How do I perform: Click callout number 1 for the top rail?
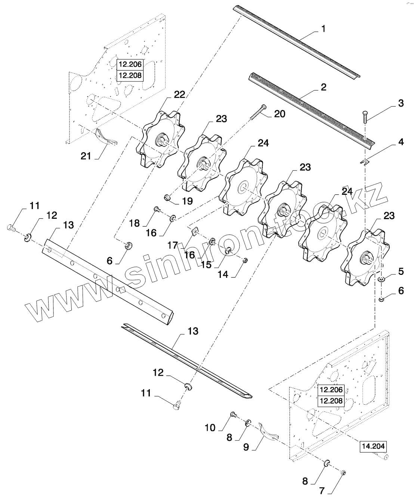click(x=324, y=29)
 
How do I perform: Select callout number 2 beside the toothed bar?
click(x=324, y=87)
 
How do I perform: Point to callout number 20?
click(x=280, y=114)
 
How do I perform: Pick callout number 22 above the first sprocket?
click(x=179, y=95)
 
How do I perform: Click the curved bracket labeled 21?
click(x=106, y=137)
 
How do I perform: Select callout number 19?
click(x=188, y=201)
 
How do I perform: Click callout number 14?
click(x=223, y=274)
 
